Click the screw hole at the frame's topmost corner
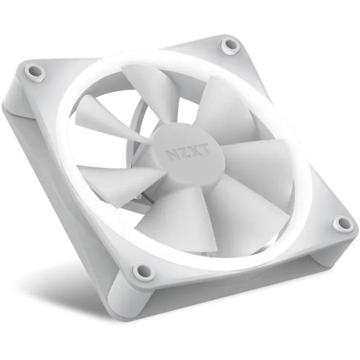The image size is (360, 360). (x=228, y=45)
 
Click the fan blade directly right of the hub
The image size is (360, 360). (x=252, y=154)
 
